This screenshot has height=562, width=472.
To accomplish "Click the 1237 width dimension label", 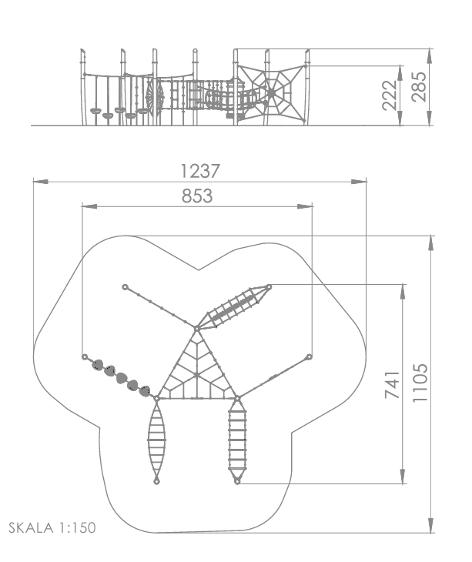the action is [x=199, y=171].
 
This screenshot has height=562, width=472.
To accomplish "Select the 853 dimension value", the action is [x=197, y=196].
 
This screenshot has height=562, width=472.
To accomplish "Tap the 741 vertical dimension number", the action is [x=392, y=385].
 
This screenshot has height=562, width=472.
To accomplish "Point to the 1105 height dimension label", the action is [x=420, y=383].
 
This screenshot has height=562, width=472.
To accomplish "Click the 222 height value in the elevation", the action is [x=390, y=95].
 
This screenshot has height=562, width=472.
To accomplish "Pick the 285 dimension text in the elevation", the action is [x=419, y=87].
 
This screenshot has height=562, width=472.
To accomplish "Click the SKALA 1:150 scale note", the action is [x=52, y=528].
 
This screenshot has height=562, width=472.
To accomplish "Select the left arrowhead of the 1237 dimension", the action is [x=41, y=182].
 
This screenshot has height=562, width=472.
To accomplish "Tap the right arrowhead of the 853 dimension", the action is [x=305, y=206].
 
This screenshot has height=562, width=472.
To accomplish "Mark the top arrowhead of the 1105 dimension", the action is [x=430, y=243].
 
